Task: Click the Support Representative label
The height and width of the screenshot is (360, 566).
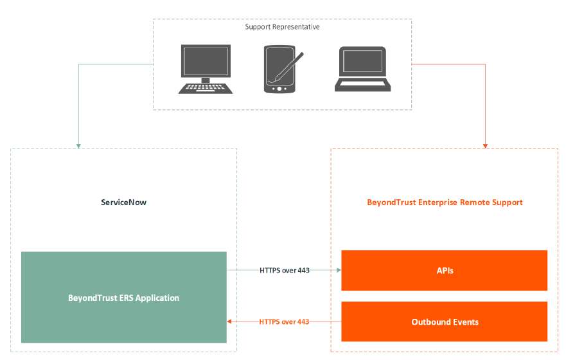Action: pyautogui.click(x=282, y=27)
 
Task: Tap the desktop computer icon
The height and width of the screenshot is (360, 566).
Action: pyautogui.click(x=204, y=69)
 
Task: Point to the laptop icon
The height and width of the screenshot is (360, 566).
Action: pyautogui.click(x=362, y=69)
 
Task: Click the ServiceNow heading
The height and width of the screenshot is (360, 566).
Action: pyautogui.click(x=123, y=203)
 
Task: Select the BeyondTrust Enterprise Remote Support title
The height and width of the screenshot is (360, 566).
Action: pyautogui.click(x=445, y=203)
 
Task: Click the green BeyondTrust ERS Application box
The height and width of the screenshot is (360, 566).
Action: pyautogui.click(x=124, y=298)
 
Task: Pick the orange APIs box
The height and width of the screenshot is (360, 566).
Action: pyautogui.click(x=445, y=271)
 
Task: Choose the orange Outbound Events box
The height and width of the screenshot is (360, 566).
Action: pyautogui.click(x=445, y=321)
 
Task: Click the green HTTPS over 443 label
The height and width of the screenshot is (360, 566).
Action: pyautogui.click(x=285, y=271)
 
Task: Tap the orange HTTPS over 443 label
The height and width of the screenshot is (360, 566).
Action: pyautogui.click(x=285, y=321)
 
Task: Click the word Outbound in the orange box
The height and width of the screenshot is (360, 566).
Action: pyautogui.click(x=430, y=321)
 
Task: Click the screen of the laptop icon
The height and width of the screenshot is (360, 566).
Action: pyautogui.click(x=362, y=62)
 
